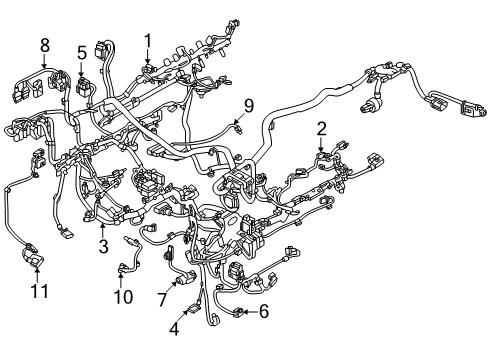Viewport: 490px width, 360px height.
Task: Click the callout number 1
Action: pyautogui.click(x=148, y=41)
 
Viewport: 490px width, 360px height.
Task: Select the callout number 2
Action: pyautogui.click(x=321, y=129)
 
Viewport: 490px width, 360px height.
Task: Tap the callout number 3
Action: pyautogui.click(x=104, y=246)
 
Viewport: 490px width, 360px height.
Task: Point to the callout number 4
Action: pyautogui.click(x=174, y=329)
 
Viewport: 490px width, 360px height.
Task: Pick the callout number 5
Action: pyautogui.click(x=82, y=53)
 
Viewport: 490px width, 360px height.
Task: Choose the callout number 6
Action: pyautogui.click(x=264, y=312)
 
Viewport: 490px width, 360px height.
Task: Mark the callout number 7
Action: pyautogui.click(x=162, y=299)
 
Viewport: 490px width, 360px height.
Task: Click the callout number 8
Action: pyautogui.click(x=45, y=45)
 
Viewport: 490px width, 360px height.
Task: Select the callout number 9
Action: pyautogui.click(x=249, y=106)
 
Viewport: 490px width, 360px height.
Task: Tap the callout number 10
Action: pyautogui.click(x=123, y=296)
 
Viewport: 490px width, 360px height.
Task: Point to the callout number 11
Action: pyautogui.click(x=39, y=291)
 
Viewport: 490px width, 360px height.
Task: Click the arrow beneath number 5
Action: pyautogui.click(x=81, y=70)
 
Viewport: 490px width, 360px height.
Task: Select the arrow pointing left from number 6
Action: pyautogui.click(x=250, y=312)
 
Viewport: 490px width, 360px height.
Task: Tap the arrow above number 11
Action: pyautogui.click(x=37, y=275)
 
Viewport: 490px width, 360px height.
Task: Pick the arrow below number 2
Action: pyautogui.click(x=321, y=145)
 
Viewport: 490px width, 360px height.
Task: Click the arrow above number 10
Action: pyautogui.click(x=121, y=280)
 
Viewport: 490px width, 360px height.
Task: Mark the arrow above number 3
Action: pyautogui.click(x=103, y=230)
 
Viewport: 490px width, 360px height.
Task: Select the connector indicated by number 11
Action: pyautogui.click(x=33, y=257)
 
